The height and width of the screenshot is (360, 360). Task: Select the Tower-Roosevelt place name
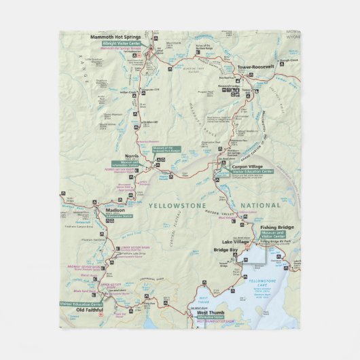tap(255, 67)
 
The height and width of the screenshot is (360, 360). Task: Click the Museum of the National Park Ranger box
tap(166, 149)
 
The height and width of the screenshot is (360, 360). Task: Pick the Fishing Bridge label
tap(277, 227)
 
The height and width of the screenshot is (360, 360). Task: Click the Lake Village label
tap(236, 241)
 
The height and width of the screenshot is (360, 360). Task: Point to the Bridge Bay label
tap(226, 250)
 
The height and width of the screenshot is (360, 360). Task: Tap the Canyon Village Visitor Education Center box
tap(253, 172)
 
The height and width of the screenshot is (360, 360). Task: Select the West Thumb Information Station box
tap(210, 317)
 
